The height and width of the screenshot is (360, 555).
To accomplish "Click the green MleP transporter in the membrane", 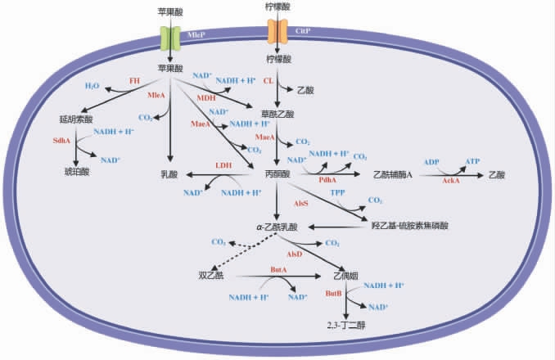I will (x=169, y=37).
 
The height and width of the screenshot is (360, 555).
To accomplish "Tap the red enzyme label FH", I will (x=134, y=80).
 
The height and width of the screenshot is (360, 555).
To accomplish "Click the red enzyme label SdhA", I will (x=60, y=141).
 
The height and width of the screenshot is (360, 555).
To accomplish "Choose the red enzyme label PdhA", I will (x=328, y=178).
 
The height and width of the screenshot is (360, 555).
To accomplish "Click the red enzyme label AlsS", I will (x=301, y=201).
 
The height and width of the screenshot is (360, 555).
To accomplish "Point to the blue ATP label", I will (x=472, y=161).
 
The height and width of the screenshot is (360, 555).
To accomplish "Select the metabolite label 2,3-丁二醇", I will (x=346, y=325).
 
